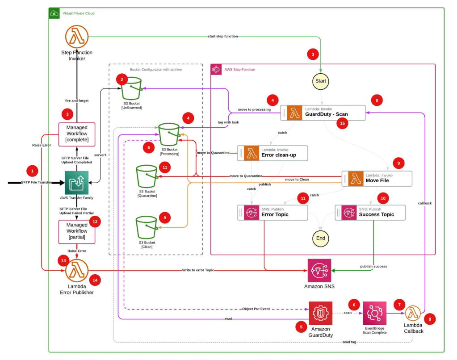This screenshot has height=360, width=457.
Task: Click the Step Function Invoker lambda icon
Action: coord(76,37)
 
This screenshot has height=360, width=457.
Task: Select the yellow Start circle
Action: coord(321,81)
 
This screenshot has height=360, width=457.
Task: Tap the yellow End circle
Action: coord(321,238)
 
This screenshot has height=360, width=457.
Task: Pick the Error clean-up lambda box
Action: coord(273,153)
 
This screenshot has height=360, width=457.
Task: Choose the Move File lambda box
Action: coord(376,178)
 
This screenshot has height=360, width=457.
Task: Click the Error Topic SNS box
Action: coord(273,212)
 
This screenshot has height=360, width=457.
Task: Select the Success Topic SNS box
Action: coord(370,212)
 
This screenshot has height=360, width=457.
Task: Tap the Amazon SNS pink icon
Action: coord(319,271)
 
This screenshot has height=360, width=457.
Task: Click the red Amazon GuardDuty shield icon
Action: coord(320,313)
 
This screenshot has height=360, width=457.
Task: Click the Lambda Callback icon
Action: coord(413,314)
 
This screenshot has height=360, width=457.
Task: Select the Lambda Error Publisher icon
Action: coord(77,271)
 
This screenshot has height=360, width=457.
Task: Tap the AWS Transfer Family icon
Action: coord(76,182)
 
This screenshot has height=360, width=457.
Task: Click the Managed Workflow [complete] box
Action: coord(77,134)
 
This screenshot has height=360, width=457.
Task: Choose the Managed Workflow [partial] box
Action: coord(77,231)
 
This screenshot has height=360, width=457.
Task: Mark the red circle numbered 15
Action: coord(342,123)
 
